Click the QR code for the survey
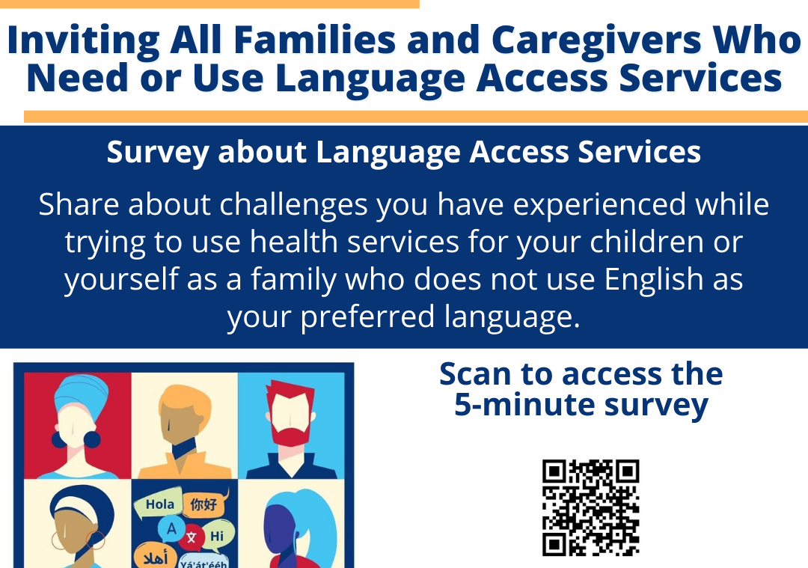click(x=590, y=507)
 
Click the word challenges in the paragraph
click(x=294, y=204)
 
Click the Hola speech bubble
click(x=159, y=504)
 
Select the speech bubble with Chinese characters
click(x=205, y=503)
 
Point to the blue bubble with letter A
click(x=171, y=529)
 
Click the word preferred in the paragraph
click(x=367, y=317)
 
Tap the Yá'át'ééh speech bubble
click(x=204, y=562)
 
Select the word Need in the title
click(x=77, y=79)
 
